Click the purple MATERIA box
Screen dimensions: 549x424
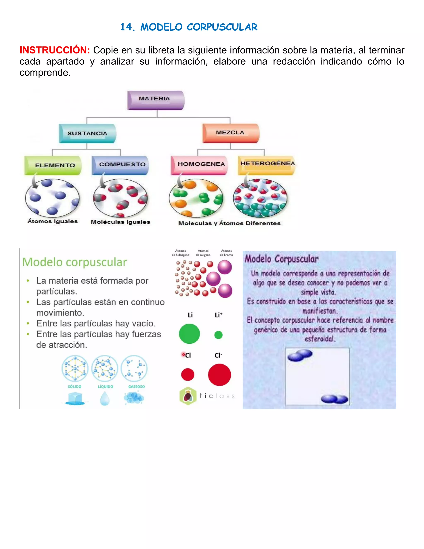[x=156, y=100]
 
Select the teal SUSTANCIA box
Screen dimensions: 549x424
[x=87, y=133]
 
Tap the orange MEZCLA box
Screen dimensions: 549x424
[x=231, y=133]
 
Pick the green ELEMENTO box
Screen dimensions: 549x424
[x=53, y=165]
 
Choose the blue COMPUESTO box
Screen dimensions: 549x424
[x=120, y=165]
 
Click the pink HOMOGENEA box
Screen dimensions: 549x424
[x=199, y=165]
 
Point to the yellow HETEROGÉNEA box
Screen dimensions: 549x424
[x=266, y=165]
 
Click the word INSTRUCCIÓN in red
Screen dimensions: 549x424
[x=55, y=50]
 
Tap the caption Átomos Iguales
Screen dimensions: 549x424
[x=53, y=221]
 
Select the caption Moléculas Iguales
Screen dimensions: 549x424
[x=120, y=222]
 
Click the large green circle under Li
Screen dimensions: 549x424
[x=189, y=334]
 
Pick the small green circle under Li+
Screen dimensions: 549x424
[x=218, y=335]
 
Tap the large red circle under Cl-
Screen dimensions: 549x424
[x=219, y=375]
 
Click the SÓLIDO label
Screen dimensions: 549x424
[x=75, y=386]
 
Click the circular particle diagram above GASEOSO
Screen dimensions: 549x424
[x=134, y=368]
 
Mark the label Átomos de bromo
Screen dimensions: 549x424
[x=226, y=253]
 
